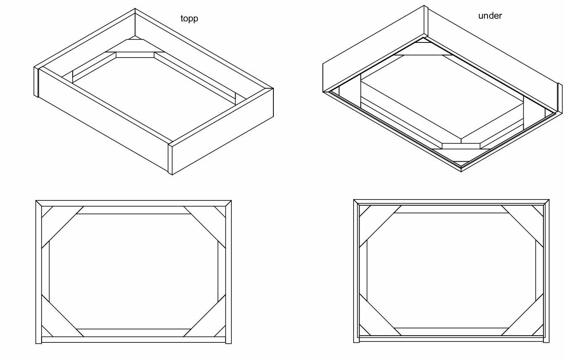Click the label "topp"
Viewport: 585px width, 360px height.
(189, 18)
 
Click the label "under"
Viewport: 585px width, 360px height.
(490, 16)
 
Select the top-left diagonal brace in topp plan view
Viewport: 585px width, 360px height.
(63, 227)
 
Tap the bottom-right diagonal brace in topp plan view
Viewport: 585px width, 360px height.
(205, 315)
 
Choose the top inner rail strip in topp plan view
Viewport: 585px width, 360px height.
(134, 210)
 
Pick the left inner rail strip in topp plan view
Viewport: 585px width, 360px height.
(45, 271)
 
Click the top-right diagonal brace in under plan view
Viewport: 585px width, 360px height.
(522, 226)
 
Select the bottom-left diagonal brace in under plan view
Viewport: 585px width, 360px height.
(380, 315)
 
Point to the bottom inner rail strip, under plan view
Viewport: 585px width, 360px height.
(451, 332)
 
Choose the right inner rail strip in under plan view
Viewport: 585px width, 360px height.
(540, 271)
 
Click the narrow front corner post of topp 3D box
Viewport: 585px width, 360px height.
(170, 159)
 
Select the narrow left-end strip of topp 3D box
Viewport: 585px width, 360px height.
(36, 82)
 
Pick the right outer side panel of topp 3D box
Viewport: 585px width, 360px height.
(223, 131)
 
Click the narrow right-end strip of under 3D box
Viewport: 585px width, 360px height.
(560, 98)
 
